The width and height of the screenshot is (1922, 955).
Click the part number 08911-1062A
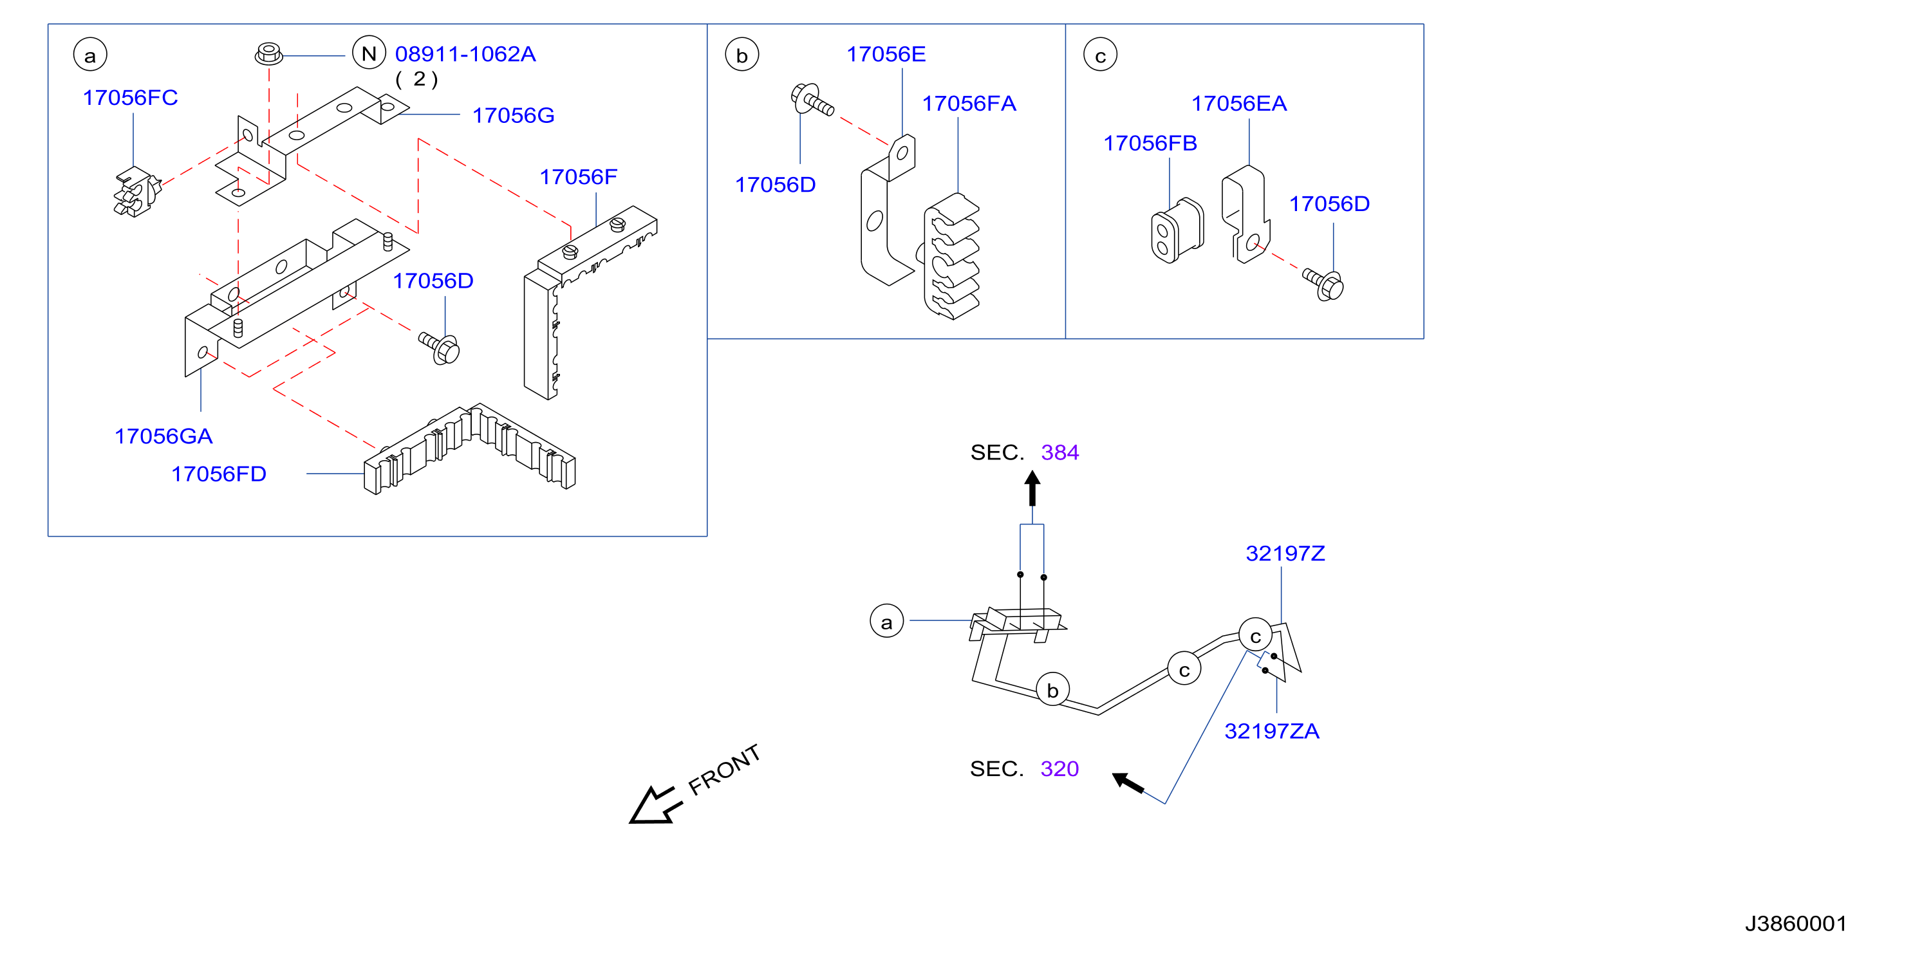(x=465, y=55)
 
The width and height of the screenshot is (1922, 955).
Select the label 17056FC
(x=131, y=98)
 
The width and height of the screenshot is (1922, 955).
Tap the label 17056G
(x=514, y=116)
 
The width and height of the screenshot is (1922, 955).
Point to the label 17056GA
(x=163, y=436)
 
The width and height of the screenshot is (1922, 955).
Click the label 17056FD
(x=219, y=474)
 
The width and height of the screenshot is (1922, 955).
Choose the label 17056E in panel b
(x=886, y=55)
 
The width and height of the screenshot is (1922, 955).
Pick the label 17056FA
(x=969, y=104)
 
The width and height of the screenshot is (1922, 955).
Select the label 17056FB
(x=1150, y=144)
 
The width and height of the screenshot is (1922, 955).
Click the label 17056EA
(x=1238, y=104)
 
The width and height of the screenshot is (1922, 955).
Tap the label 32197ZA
(x=1271, y=731)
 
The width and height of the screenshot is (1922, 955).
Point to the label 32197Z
(x=1285, y=553)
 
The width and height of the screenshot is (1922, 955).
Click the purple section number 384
(x=1059, y=453)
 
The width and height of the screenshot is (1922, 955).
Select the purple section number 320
(x=1059, y=769)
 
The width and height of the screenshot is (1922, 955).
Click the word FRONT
(x=723, y=770)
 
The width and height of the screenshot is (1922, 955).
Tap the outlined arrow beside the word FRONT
(x=655, y=806)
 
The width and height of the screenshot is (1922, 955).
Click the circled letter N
(x=369, y=53)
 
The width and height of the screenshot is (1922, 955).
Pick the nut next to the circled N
(x=268, y=53)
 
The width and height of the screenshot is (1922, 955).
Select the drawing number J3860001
(x=1796, y=923)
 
